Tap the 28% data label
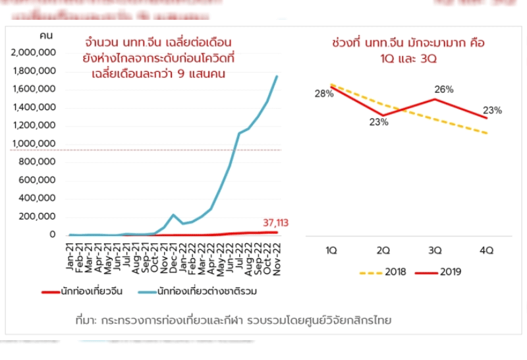[x=323, y=94]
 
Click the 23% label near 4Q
[x=492, y=110]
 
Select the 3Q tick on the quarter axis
[x=435, y=250]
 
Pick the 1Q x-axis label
[x=332, y=250]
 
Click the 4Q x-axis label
[x=486, y=250]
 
